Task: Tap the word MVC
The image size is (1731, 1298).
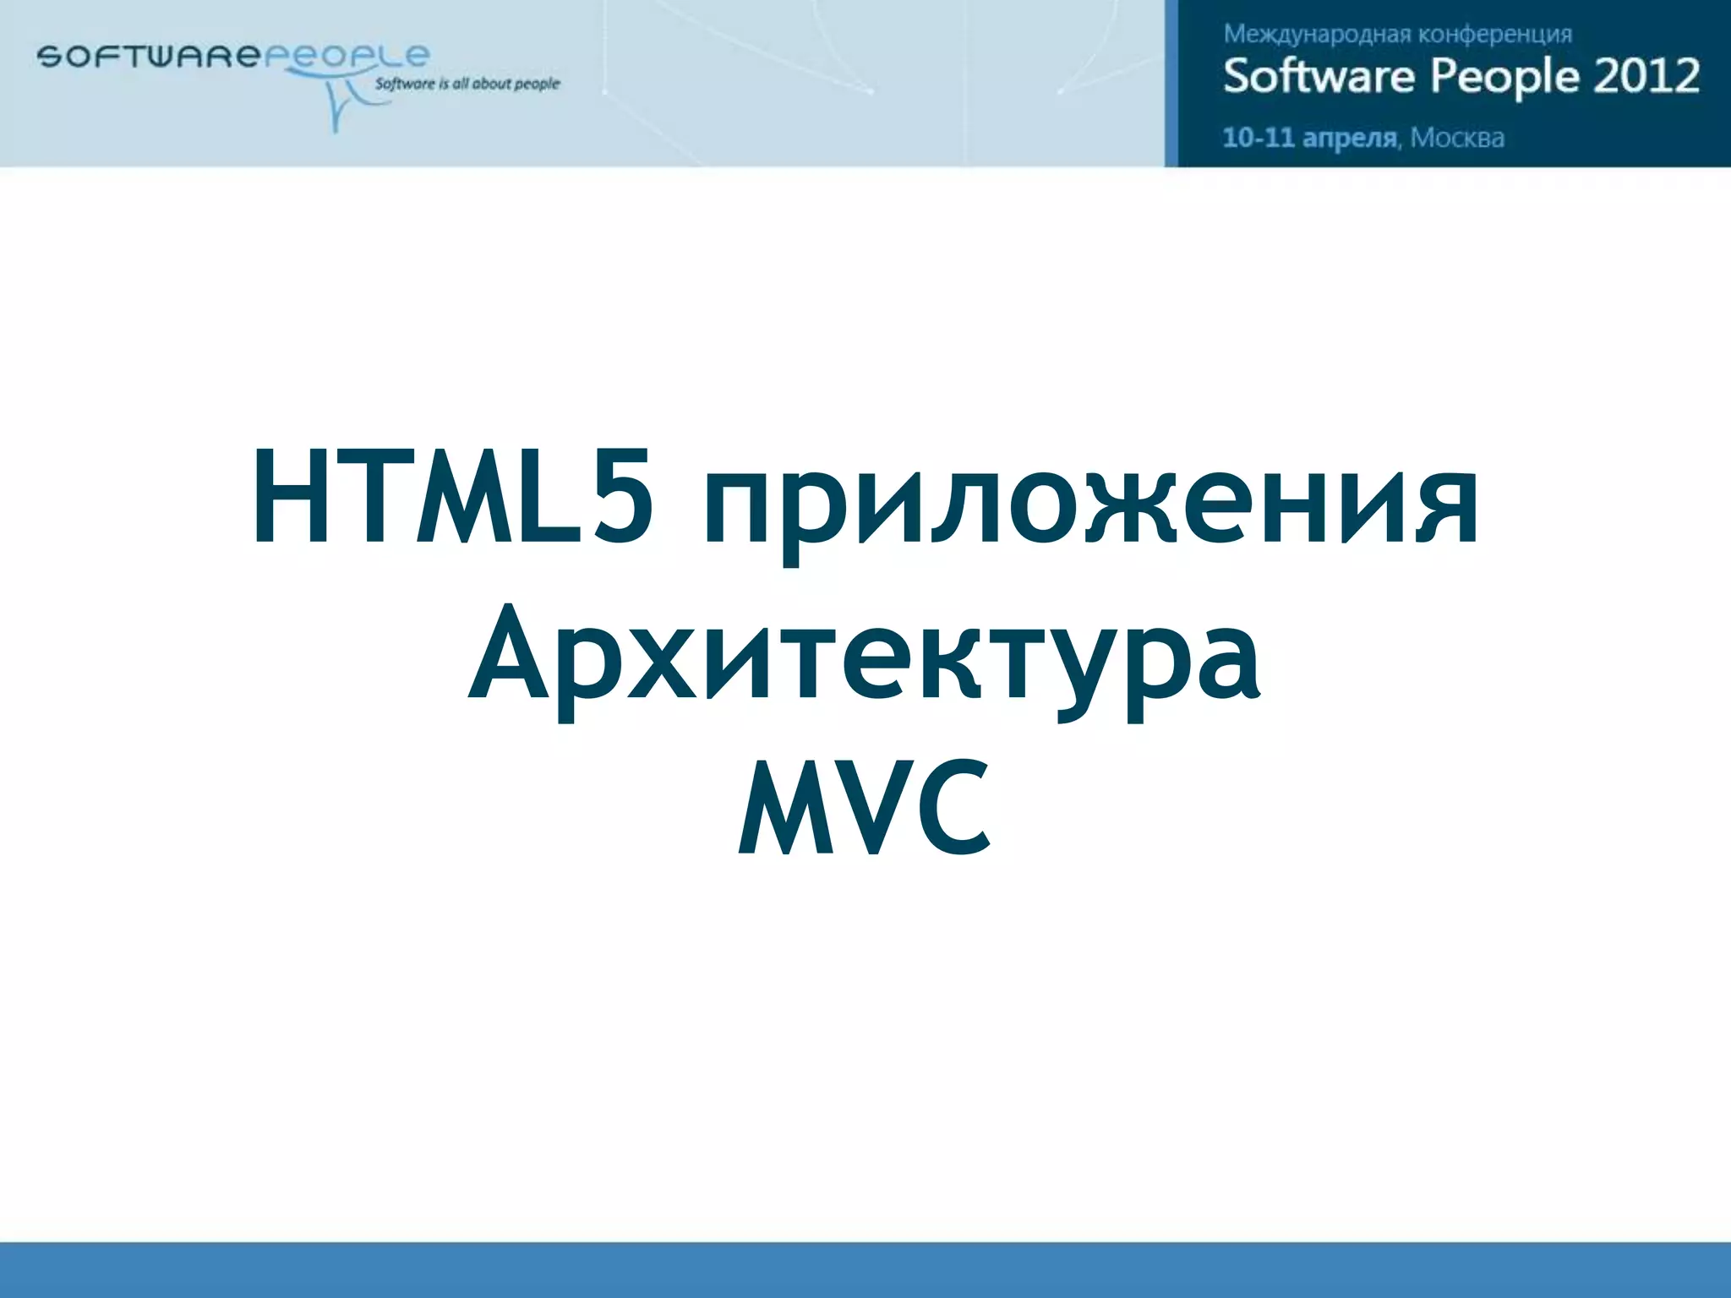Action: coord(864,807)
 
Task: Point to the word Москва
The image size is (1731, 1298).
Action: coord(1457,138)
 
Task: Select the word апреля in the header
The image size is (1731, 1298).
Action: coord(1350,139)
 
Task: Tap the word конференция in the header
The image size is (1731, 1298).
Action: coord(1494,35)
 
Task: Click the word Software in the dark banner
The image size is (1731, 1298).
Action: coord(1318,76)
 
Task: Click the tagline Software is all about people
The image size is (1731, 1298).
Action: coord(467,84)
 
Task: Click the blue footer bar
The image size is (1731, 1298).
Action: coord(865,1269)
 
